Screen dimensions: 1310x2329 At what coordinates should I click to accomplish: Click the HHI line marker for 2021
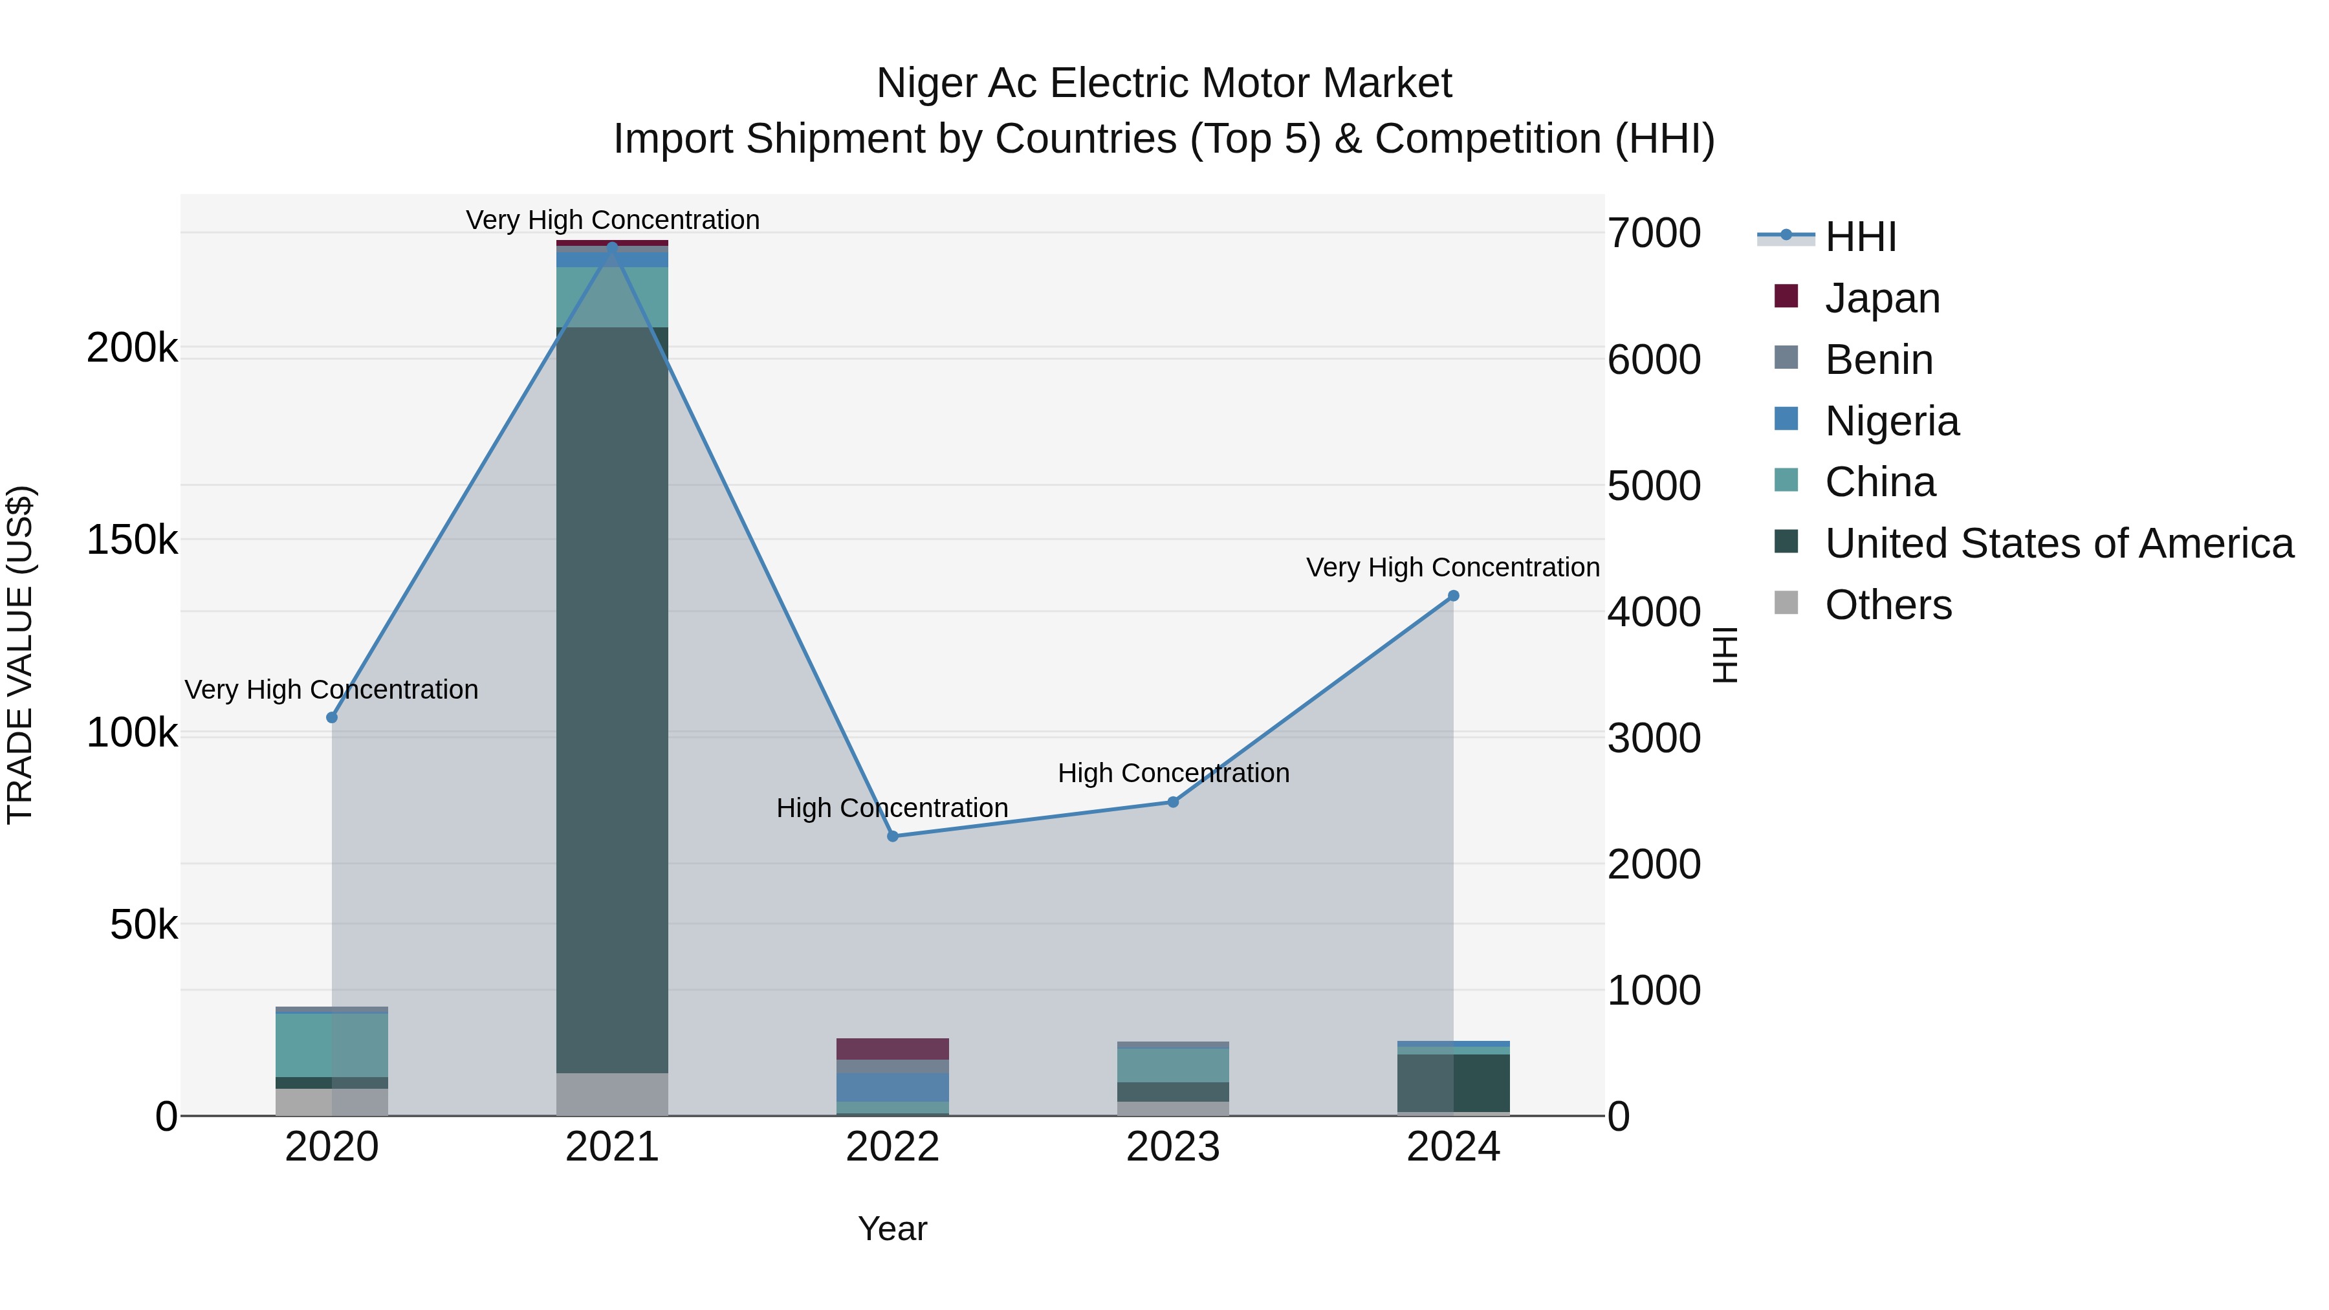click(612, 247)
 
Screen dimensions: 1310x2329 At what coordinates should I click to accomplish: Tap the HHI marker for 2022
click(892, 836)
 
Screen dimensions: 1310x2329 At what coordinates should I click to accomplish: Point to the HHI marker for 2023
click(1173, 802)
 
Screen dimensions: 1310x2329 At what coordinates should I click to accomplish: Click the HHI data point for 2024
click(1453, 596)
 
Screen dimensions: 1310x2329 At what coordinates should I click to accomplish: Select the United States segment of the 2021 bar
click(612, 700)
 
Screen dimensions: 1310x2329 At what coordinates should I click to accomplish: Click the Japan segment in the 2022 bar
click(892, 1049)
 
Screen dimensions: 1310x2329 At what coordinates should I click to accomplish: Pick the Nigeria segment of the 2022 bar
click(892, 1087)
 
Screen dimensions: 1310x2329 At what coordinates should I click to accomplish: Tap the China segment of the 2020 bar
click(332, 1045)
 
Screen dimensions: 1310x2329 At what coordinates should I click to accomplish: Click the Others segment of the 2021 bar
click(612, 1094)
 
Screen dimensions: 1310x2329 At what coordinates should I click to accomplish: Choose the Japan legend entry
click(1881, 298)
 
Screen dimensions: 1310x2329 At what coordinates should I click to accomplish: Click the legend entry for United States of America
click(2059, 543)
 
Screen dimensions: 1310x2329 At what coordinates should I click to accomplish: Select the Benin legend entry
click(1878, 360)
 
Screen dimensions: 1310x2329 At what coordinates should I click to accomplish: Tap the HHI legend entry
click(1860, 237)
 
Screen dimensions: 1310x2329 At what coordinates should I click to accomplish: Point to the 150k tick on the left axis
click(132, 541)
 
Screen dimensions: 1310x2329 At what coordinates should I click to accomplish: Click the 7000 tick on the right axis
click(1654, 234)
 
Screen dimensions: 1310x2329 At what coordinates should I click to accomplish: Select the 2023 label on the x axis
click(1173, 1147)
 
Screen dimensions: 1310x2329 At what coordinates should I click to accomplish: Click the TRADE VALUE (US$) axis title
click(20, 655)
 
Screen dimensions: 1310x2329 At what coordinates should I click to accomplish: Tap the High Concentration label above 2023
click(1173, 773)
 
